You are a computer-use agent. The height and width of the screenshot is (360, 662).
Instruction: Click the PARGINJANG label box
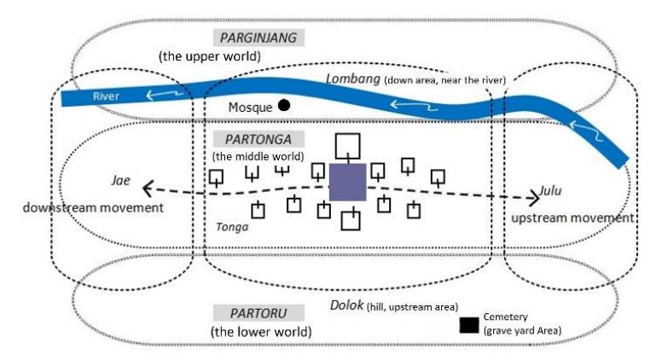[x=258, y=38]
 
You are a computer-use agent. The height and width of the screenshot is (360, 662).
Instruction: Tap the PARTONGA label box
[x=258, y=139]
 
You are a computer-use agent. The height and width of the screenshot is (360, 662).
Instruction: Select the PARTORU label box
[x=258, y=313]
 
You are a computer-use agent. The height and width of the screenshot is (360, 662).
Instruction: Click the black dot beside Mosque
[x=284, y=105]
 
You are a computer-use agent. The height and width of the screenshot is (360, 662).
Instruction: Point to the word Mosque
[x=250, y=107]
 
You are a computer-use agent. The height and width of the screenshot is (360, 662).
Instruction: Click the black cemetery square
[x=469, y=325]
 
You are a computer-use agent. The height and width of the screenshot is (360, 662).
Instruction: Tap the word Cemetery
[x=505, y=316]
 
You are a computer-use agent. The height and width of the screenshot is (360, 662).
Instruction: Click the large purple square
[x=347, y=183]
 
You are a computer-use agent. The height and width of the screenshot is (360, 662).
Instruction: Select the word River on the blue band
[x=106, y=96]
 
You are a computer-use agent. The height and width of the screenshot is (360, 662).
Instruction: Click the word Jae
[x=121, y=181]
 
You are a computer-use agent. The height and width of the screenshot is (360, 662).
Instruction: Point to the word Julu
[x=550, y=191]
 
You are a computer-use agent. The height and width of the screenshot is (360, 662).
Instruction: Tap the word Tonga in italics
[x=232, y=227]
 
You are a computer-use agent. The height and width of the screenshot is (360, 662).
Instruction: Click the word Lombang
[x=353, y=78]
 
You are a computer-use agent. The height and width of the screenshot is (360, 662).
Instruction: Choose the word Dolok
[x=347, y=305]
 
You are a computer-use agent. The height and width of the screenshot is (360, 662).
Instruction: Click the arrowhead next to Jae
[x=147, y=189]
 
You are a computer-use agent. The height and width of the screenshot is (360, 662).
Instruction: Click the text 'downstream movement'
[x=93, y=207]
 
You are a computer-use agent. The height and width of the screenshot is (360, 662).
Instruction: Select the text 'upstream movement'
[x=572, y=218]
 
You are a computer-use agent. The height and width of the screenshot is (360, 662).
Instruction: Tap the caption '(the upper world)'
[x=210, y=56]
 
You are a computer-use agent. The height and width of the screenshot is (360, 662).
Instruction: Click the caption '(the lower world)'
[x=261, y=332]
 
